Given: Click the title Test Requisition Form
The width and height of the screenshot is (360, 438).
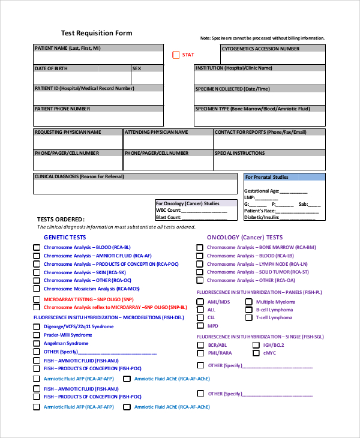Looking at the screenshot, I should pyautogui.click(x=97, y=33).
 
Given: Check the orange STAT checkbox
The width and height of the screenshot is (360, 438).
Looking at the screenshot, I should pyautogui.click(x=176, y=55).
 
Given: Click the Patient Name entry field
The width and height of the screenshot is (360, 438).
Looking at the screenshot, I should pyautogui.click(x=98, y=58).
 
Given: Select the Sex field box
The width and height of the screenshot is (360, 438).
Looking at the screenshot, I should pyautogui.click(x=147, y=79).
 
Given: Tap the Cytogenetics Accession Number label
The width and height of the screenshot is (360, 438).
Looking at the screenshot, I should pyautogui.click(x=260, y=49).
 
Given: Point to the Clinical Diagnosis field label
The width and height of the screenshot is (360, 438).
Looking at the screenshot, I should pyautogui.click(x=83, y=177).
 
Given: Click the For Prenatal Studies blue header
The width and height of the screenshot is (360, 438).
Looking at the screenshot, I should pyautogui.click(x=284, y=177).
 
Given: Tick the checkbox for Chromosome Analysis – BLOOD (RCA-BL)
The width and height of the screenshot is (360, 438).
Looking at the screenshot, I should pyautogui.click(x=37, y=247).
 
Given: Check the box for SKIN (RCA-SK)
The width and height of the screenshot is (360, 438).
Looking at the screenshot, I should pyautogui.click(x=37, y=272).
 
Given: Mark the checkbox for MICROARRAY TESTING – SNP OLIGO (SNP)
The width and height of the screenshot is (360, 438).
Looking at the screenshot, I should pyautogui.click(x=37, y=299).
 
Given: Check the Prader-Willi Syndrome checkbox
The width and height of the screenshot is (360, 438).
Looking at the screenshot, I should pyautogui.click(x=37, y=335).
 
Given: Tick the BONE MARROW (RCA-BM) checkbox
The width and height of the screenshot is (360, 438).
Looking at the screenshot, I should pyautogui.click(x=200, y=247).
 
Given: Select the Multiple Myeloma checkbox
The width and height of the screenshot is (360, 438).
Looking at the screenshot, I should pyautogui.click(x=248, y=302).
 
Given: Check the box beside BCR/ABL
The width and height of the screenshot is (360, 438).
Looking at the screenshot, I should pyautogui.click(x=200, y=345).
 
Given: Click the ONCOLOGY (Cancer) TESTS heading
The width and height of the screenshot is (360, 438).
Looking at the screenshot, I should pyautogui.click(x=244, y=238).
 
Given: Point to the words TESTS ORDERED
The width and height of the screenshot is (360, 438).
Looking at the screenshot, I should pyautogui.click(x=61, y=220).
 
